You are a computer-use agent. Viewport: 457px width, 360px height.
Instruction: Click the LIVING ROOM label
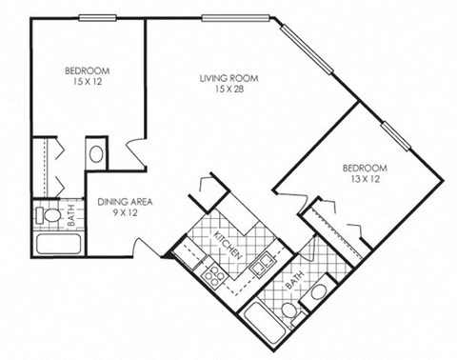pos(229,77)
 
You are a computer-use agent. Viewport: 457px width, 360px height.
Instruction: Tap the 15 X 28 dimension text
pos(229,90)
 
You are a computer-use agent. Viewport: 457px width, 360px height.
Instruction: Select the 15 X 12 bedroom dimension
pos(87,82)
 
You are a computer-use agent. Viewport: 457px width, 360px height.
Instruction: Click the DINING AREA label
pos(125,202)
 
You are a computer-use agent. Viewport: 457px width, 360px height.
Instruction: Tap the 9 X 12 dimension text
pos(125,214)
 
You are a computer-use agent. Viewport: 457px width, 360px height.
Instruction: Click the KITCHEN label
pos(225,246)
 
